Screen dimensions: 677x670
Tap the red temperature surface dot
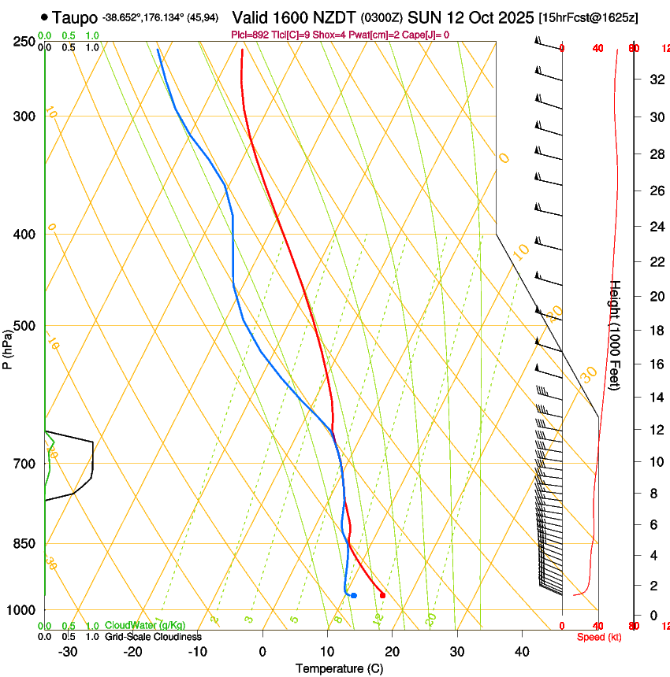point(382,595)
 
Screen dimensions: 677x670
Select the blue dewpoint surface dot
point(354,595)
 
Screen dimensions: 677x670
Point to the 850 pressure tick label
point(25,544)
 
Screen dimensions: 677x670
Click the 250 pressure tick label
point(25,42)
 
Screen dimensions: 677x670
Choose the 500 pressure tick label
point(25,326)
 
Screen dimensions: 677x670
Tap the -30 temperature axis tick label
point(68,651)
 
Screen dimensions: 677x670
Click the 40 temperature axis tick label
point(522,651)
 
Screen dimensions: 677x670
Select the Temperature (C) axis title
point(339,668)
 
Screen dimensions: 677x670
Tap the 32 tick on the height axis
point(654,79)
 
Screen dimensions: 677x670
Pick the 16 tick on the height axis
point(654,364)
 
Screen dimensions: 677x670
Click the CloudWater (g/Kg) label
point(145,626)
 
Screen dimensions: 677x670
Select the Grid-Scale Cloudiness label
point(153,637)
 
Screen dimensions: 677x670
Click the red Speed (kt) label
point(599,637)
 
